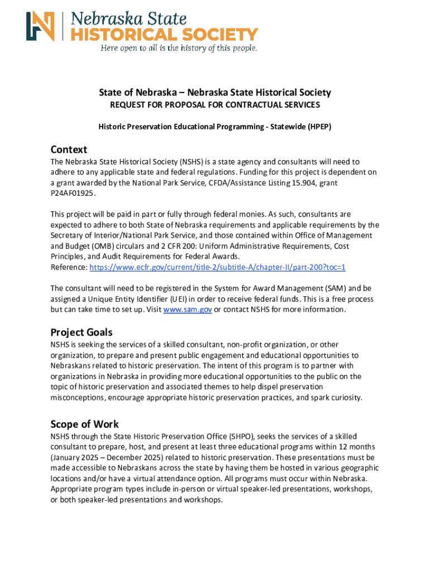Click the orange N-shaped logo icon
pyautogui.click(x=41, y=26)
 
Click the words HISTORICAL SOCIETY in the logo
pyautogui.click(x=164, y=34)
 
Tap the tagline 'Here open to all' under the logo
pyautogui.click(x=179, y=48)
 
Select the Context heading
pyautogui.click(x=69, y=149)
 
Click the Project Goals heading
pyautogui.click(x=82, y=332)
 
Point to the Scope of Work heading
pyautogui.click(x=84, y=424)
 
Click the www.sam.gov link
pyautogui.click(x=187, y=309)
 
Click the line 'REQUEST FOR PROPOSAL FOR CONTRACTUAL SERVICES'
pyautogui.click(x=214, y=105)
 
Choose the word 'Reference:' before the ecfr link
pyautogui.click(x=69, y=267)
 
